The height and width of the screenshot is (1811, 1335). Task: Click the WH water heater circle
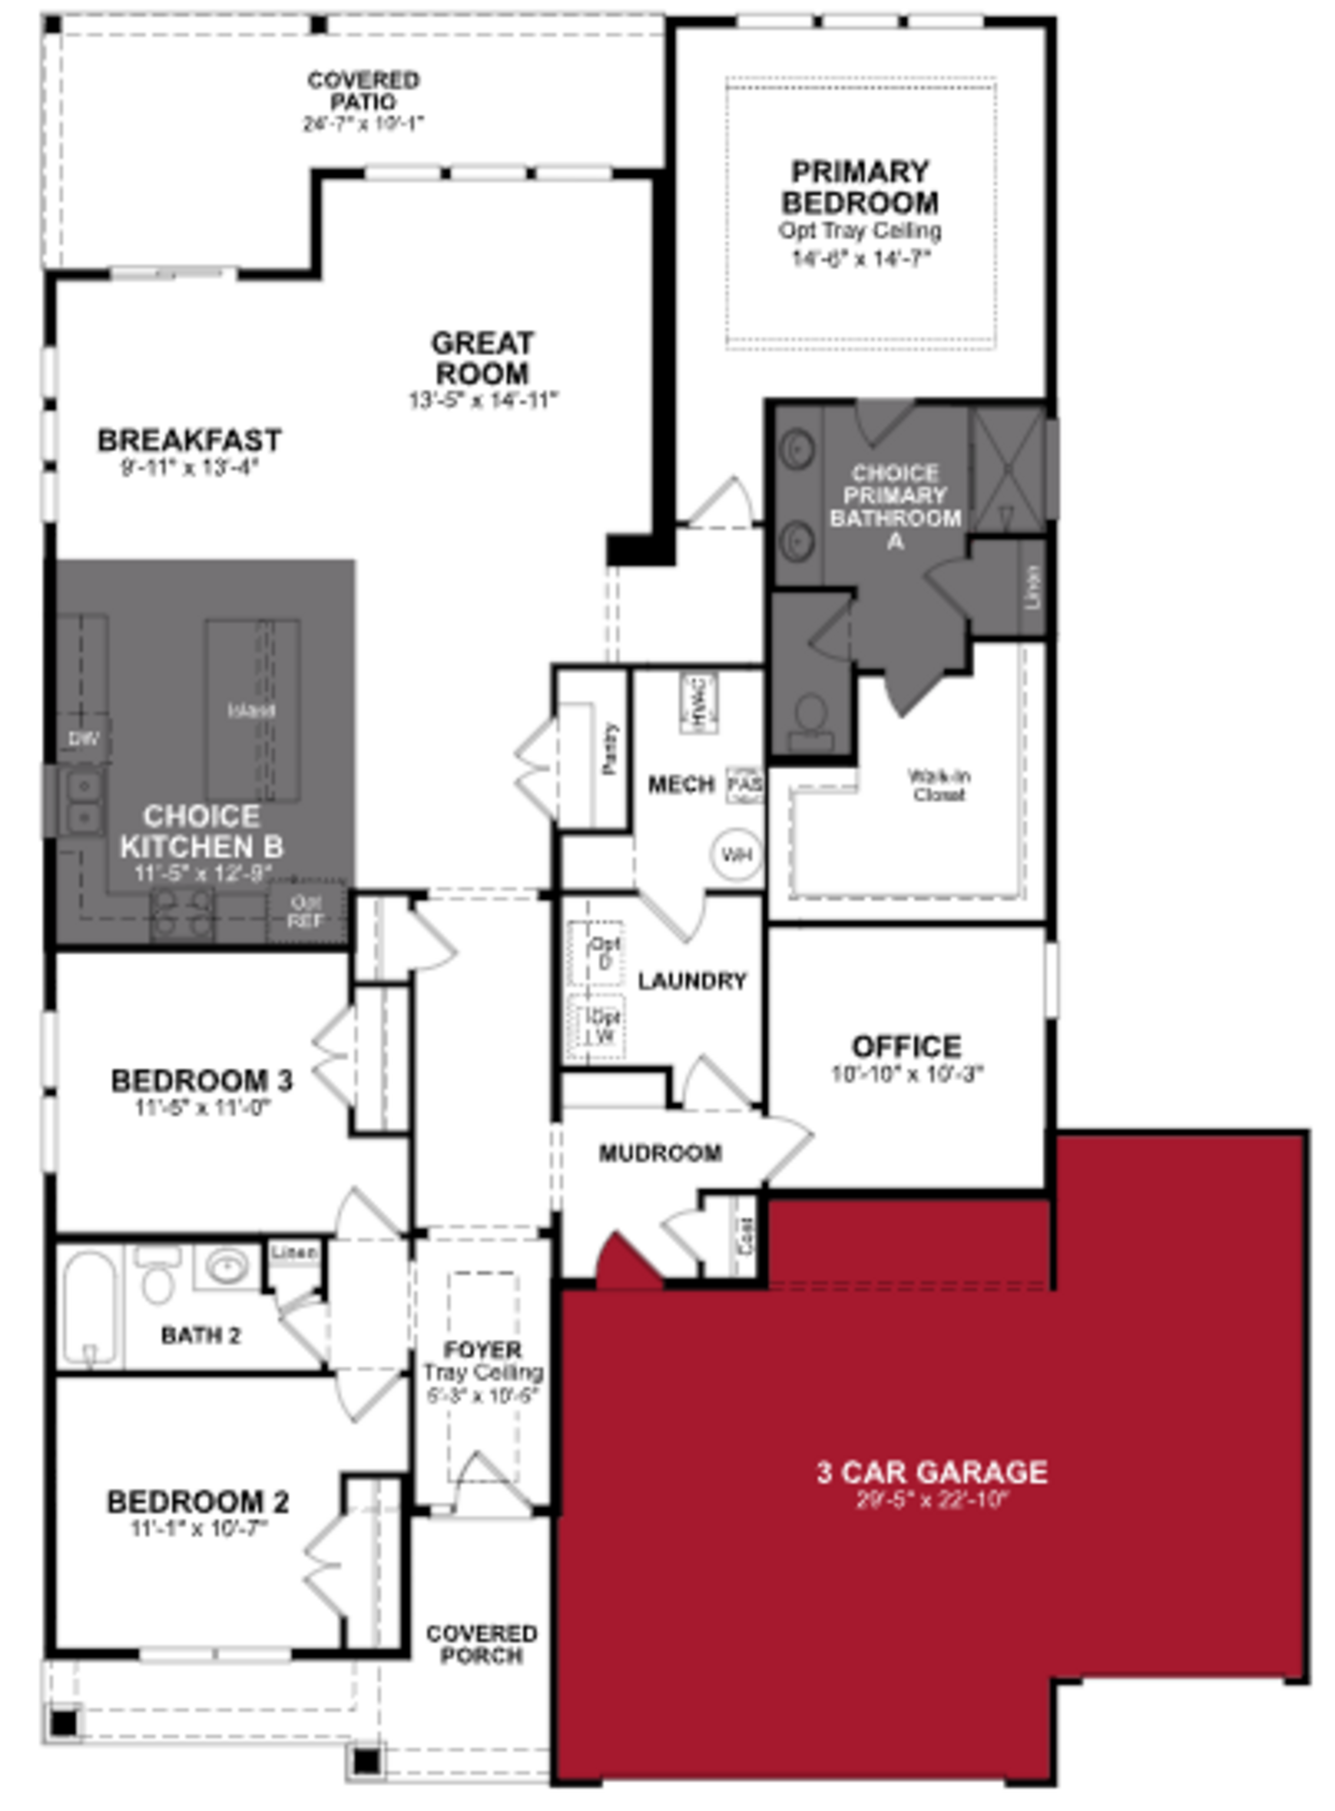pos(736,854)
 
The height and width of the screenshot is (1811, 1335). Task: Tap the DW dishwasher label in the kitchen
pos(83,738)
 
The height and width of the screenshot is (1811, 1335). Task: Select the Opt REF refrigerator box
pos(306,911)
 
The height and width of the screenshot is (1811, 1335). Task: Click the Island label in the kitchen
pos(251,711)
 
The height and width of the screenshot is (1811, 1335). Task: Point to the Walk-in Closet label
pos(939,785)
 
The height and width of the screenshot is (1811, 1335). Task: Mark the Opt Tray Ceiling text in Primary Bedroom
pos(860,231)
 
